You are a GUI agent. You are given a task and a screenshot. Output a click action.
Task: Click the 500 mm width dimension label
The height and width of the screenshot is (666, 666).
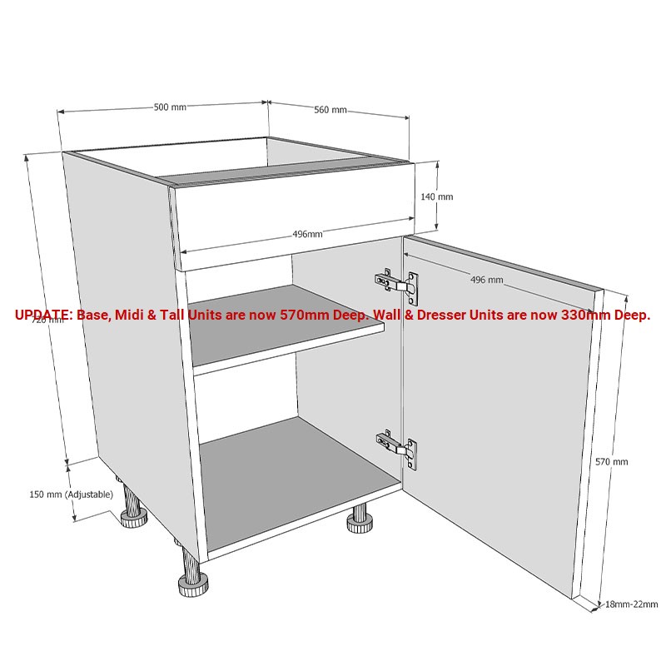170,107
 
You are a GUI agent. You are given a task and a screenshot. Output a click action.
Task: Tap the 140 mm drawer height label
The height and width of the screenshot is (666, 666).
436,197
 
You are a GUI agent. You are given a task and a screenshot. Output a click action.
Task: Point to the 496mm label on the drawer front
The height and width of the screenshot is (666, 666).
307,234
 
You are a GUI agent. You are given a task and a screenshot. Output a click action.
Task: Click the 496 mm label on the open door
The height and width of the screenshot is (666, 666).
487,280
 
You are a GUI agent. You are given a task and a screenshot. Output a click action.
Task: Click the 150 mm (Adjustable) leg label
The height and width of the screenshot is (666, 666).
71,495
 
